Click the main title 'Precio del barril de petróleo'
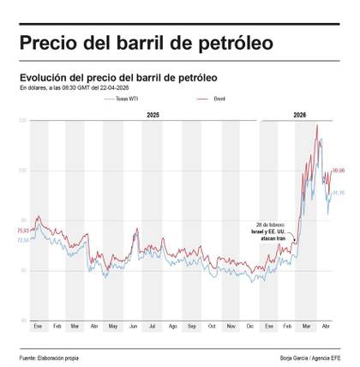(146, 43)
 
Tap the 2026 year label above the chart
(300, 114)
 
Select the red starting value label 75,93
(23, 231)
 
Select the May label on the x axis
(114, 328)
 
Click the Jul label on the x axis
(152, 328)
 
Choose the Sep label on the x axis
(191, 328)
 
